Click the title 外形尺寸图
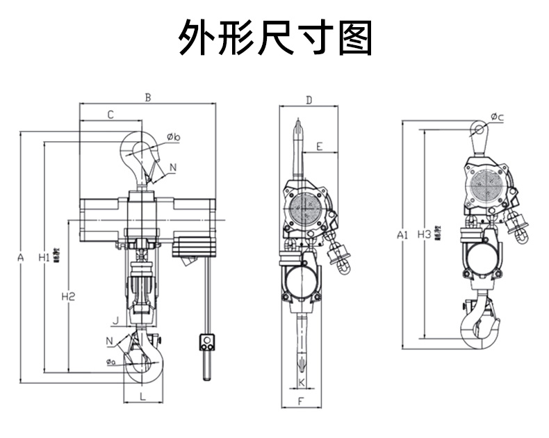click(275, 38)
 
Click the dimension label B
click(147, 97)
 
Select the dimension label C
click(110, 114)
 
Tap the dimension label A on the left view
click(21, 258)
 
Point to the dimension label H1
click(43, 258)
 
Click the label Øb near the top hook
click(174, 137)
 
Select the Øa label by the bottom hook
click(111, 362)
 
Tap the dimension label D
click(309, 101)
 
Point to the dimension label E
click(318, 147)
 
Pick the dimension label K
click(302, 382)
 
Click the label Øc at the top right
click(496, 117)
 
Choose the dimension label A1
click(402, 235)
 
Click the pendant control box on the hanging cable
click(206, 342)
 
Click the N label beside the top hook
click(173, 167)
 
